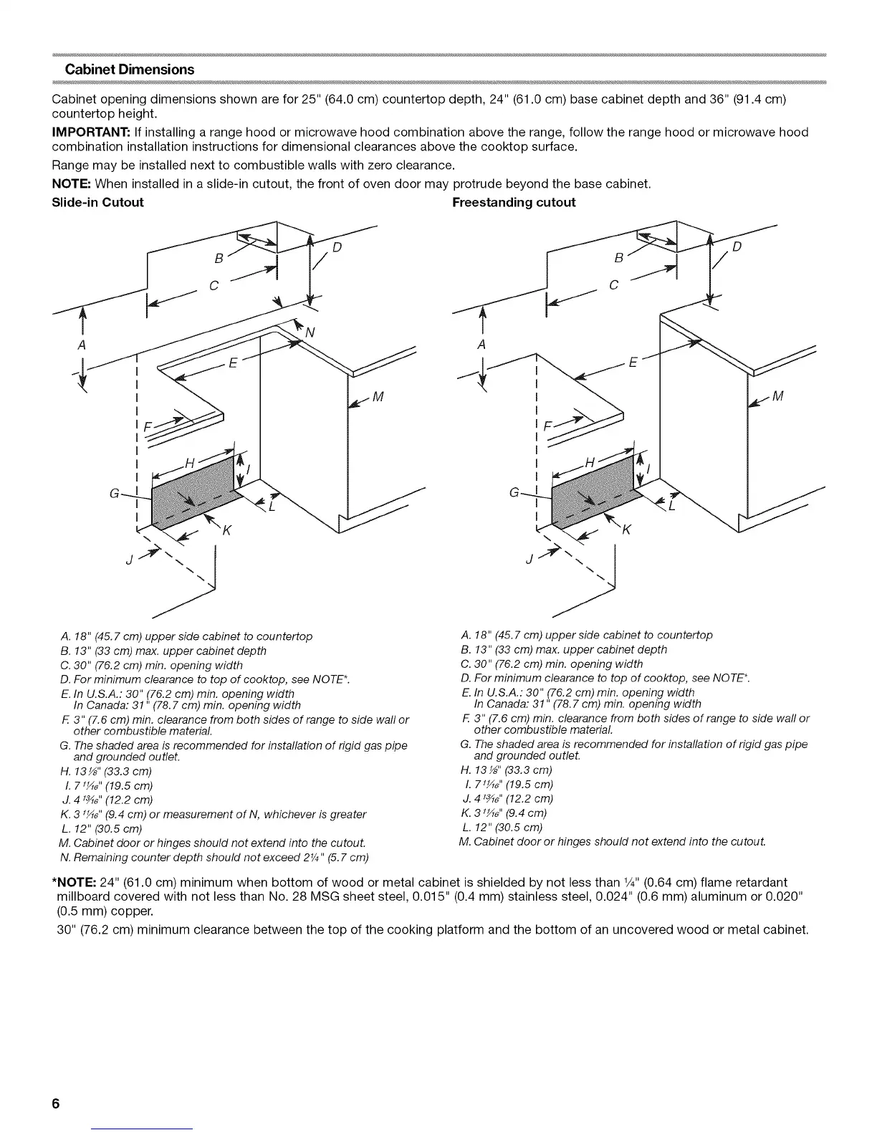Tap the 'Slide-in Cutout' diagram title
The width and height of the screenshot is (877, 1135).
pos(98,202)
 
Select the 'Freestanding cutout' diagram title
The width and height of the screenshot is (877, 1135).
pos(514,202)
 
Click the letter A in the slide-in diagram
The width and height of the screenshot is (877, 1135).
pos(84,345)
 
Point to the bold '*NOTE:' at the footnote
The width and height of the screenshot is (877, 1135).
pos(75,881)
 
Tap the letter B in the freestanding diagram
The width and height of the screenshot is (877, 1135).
pos(619,258)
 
